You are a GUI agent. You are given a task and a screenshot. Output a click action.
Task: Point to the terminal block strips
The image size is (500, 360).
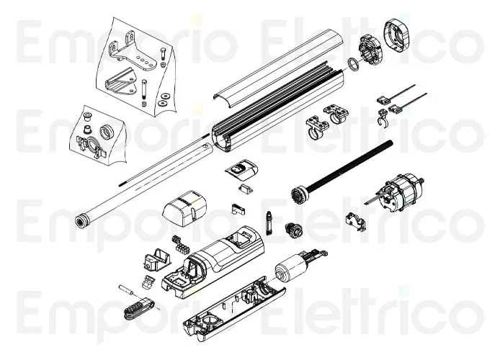tap(178, 242)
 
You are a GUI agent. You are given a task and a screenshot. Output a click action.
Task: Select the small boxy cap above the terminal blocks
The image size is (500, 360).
tap(184, 209)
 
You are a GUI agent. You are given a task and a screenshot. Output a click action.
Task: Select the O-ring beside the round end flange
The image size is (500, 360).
tap(352, 64)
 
